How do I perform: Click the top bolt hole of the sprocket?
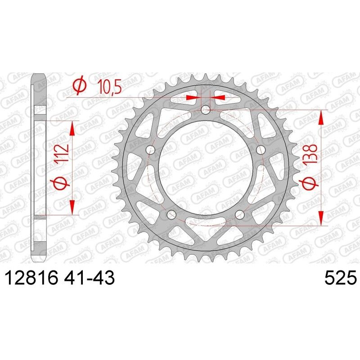point(206,109)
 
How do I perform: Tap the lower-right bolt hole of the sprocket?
point(239,215)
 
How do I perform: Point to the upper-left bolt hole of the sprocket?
point(150,150)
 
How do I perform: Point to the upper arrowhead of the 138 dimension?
point(321,118)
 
